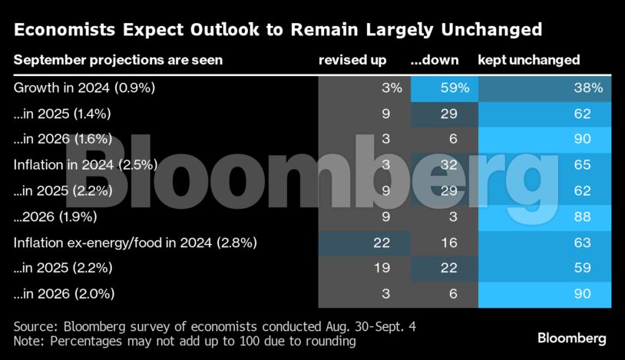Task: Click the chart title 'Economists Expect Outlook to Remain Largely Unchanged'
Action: point(278,30)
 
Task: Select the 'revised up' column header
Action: point(352,60)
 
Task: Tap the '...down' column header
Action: point(435,60)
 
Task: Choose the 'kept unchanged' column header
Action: point(528,60)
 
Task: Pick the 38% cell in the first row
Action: point(587,88)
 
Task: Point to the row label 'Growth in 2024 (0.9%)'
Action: point(84,88)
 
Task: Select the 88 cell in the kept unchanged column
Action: point(582,217)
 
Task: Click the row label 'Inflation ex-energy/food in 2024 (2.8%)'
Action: point(135,243)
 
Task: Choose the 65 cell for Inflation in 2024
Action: point(582,165)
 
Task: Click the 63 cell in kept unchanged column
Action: point(582,243)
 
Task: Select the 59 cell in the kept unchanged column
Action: point(582,269)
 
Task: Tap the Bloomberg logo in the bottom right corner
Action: point(571,338)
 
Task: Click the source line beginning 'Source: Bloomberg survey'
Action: point(215,326)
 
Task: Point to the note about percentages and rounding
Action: point(185,340)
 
